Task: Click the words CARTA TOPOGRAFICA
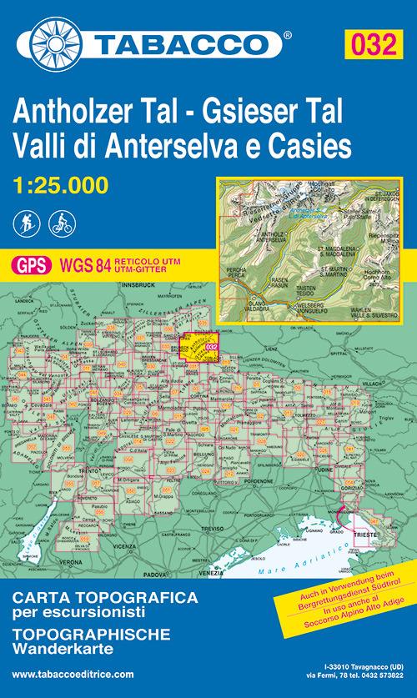(x=104, y=598)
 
